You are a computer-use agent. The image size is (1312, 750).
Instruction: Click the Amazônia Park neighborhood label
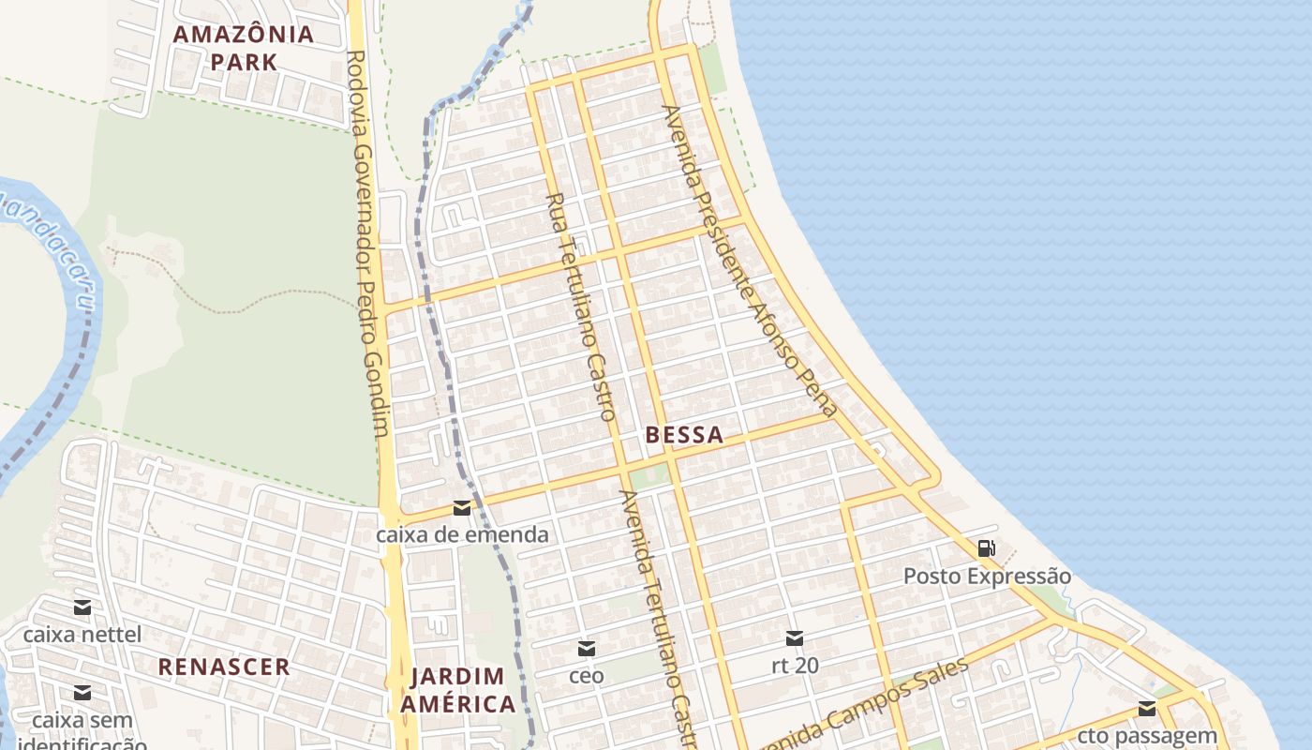(244, 48)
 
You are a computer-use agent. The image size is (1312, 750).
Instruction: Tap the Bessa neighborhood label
(684, 435)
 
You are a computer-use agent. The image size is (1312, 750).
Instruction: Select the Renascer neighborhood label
(224, 667)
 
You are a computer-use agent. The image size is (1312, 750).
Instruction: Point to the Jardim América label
(459, 690)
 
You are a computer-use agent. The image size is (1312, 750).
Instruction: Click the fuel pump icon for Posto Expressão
(986, 548)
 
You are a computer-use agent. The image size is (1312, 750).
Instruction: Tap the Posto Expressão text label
(987, 576)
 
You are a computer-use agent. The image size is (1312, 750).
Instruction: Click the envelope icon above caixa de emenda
(461, 508)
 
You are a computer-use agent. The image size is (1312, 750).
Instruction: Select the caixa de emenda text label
(462, 535)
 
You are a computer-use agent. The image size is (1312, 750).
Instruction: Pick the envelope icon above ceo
(586, 648)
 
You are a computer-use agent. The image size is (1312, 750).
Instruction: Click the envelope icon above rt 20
(794, 638)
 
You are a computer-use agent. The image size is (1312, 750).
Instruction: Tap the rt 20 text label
(795, 666)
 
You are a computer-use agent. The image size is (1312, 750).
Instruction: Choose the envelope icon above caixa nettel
(82, 607)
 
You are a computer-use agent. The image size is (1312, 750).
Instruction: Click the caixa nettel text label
(82, 635)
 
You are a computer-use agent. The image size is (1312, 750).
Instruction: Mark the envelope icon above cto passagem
(1147, 709)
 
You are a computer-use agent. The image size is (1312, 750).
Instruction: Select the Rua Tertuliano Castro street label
(581, 306)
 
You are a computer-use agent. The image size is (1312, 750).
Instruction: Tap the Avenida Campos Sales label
(862, 708)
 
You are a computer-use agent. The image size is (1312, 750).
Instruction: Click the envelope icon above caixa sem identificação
(82, 693)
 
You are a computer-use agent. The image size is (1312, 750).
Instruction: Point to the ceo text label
(587, 675)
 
